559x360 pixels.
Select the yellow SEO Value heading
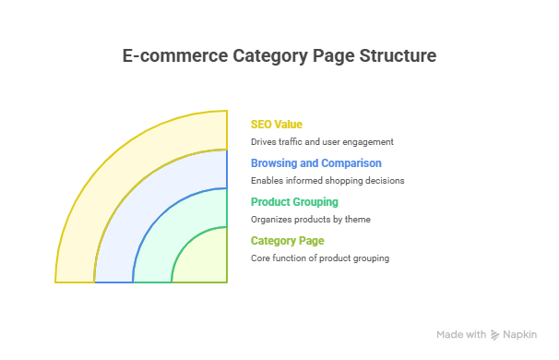coord(277,124)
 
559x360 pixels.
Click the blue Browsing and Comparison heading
coord(316,162)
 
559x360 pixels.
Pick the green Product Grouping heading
coord(294,201)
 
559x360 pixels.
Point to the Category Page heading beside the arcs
coord(287,240)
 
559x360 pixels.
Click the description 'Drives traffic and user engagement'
coord(322,142)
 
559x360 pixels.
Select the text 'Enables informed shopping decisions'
coord(327,181)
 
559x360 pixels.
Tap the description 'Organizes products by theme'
coord(310,220)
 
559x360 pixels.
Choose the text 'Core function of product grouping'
coord(319,258)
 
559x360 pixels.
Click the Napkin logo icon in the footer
coord(495,335)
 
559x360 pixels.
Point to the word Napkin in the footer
coord(520,335)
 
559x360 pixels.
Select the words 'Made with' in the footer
coord(461,335)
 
